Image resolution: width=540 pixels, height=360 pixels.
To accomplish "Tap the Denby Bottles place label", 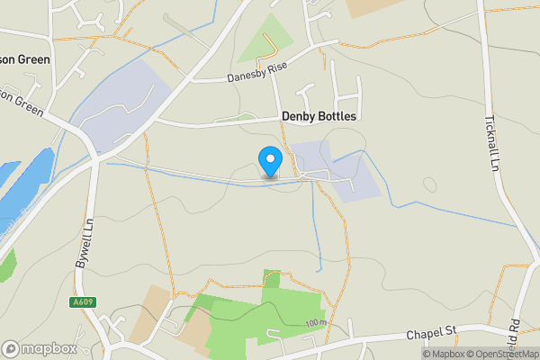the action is coord(319,117).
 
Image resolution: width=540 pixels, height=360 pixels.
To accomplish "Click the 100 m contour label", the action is coord(314,323).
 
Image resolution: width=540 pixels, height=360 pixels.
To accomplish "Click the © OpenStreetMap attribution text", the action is coord(493,354).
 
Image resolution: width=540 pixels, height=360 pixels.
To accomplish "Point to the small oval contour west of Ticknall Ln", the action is coord(428,184).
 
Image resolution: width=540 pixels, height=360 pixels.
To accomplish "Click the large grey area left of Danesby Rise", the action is coord(126,103).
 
